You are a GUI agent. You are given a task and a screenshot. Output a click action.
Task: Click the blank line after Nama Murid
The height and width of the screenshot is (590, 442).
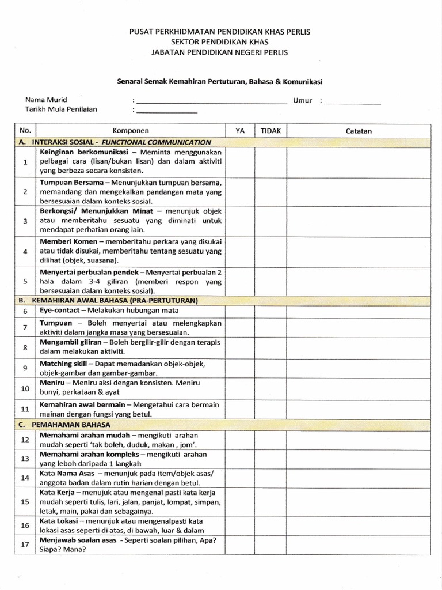[x=212, y=101]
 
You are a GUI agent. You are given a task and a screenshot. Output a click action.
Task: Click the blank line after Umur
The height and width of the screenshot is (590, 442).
[x=352, y=101]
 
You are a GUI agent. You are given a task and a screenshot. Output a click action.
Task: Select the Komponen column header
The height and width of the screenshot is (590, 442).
[x=130, y=131]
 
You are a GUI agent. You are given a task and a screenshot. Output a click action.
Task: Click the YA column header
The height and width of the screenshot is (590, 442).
[x=240, y=131]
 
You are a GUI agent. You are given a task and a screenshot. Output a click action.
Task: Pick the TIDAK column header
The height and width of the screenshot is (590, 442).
[x=270, y=131]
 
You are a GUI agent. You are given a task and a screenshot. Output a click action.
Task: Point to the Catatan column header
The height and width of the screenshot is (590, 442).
[x=359, y=131]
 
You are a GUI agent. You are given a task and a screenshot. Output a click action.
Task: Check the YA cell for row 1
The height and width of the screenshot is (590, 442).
[x=240, y=161]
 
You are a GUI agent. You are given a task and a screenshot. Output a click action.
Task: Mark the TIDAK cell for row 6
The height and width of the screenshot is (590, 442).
[x=270, y=311]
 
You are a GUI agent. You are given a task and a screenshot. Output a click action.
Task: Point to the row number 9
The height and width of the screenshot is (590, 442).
[x=25, y=368]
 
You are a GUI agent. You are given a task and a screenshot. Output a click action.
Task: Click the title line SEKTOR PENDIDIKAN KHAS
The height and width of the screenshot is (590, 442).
[x=219, y=42]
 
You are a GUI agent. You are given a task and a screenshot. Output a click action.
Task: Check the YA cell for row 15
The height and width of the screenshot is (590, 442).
[x=240, y=502]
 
